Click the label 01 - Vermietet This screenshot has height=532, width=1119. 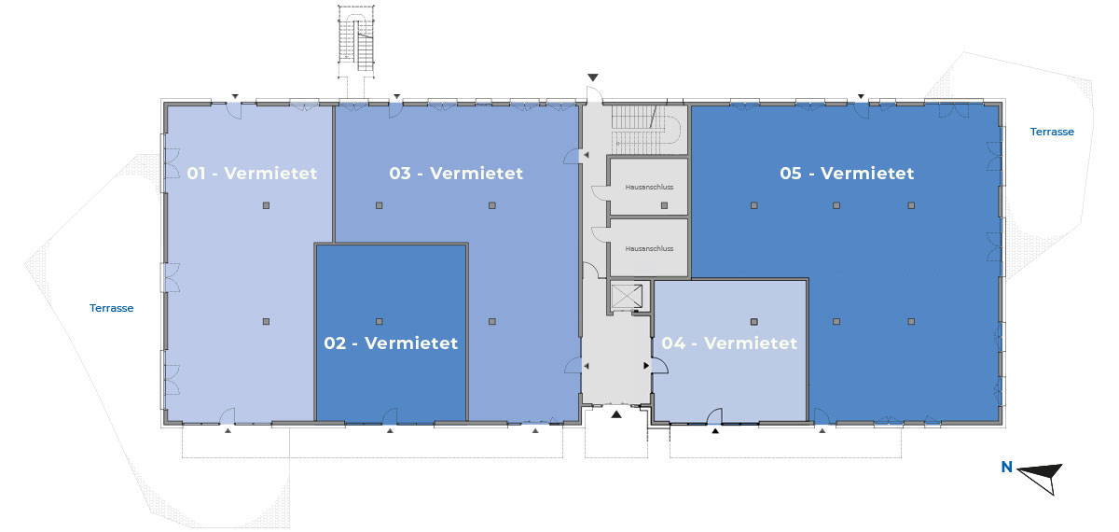[x=252, y=174]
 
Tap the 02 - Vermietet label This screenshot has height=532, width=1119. [x=391, y=343]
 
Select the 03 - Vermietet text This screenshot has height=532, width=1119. [x=456, y=174]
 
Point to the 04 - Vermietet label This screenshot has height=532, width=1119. [x=729, y=343]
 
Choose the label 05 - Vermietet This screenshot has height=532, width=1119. [x=847, y=174]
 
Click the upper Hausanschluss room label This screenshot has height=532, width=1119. [x=649, y=187]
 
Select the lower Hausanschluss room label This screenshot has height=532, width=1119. [x=649, y=248]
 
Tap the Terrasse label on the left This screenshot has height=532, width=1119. [x=111, y=308]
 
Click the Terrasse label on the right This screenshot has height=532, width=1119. [x=1052, y=132]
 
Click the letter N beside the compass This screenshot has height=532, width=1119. [x=1006, y=467]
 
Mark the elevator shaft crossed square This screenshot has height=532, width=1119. [x=627, y=296]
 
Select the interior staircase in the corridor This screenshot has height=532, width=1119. [x=646, y=129]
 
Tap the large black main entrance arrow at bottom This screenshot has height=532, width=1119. [x=616, y=414]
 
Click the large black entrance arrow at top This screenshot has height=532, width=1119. [x=593, y=77]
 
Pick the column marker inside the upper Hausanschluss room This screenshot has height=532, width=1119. [x=664, y=205]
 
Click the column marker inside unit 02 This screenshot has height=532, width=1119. [x=380, y=321]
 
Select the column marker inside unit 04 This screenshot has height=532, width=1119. [x=754, y=321]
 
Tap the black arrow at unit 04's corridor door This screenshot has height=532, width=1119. [x=646, y=366]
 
